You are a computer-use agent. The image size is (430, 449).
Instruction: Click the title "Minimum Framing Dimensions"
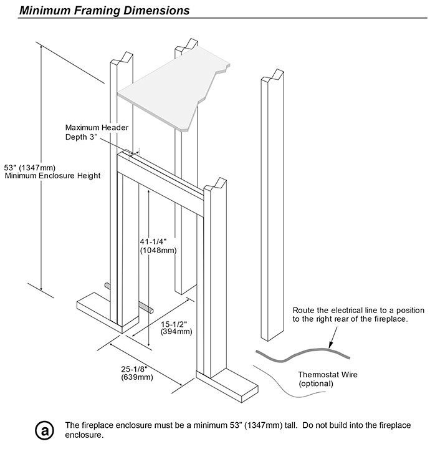105,11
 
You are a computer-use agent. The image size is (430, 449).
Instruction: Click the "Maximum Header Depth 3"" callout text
97,132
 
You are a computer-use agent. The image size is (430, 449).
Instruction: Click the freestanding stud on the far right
272,206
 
